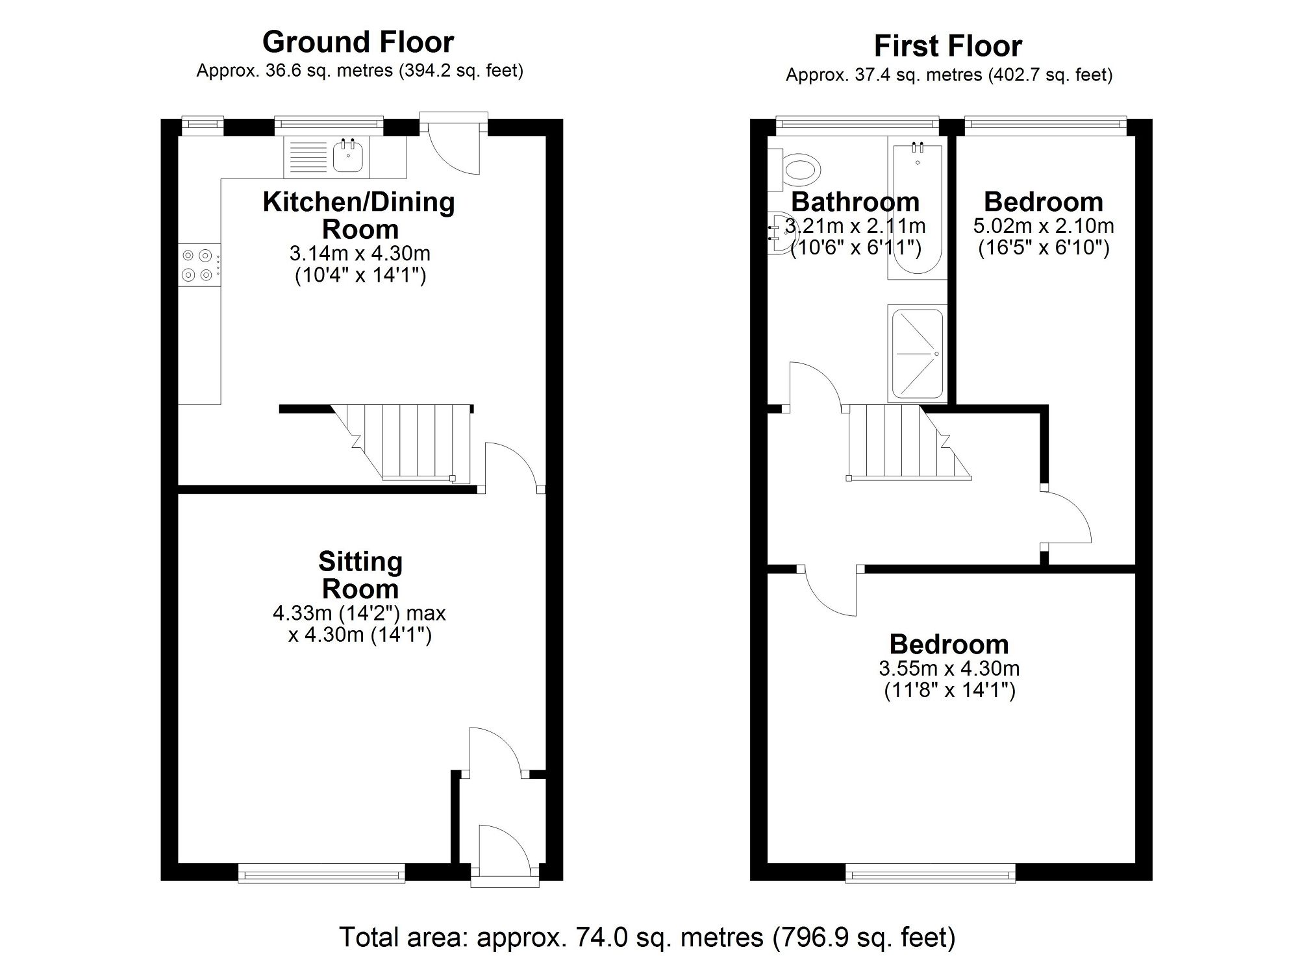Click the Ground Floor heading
pos(358,42)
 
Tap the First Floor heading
pos(947,46)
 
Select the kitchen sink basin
pos(347,157)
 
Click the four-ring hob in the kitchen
pos(197,265)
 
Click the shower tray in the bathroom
pos(917,354)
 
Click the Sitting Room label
pos(360,575)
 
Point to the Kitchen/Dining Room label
pos(358,215)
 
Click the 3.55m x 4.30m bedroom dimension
pos(949,668)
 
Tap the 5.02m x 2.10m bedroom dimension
pos(1043,226)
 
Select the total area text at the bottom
pos(647,937)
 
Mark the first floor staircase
pos(903,443)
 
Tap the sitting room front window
pos(321,874)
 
